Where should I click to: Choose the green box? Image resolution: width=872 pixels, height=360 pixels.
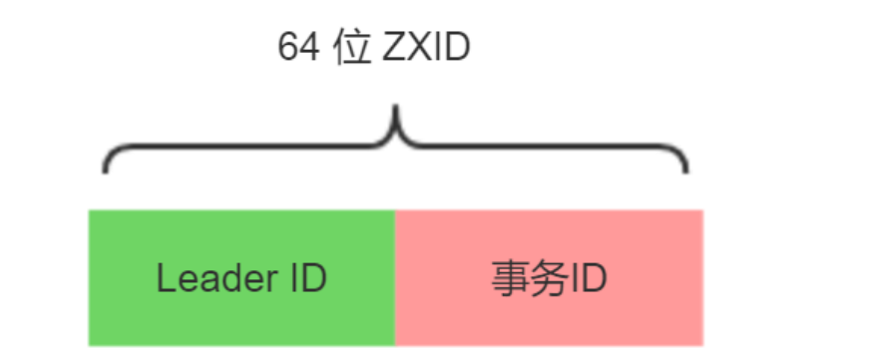[241, 277]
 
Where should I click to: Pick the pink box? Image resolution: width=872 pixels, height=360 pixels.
[549, 277]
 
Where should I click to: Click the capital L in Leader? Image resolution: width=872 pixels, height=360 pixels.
[164, 278]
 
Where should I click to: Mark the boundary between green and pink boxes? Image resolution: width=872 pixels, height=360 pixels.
[395, 277]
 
